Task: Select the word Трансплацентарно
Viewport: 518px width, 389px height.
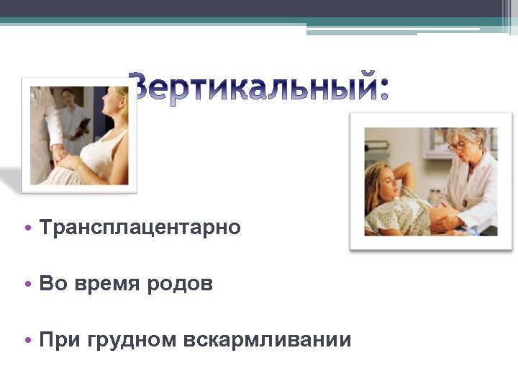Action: coord(140,228)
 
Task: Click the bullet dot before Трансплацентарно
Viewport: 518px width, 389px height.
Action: coord(27,228)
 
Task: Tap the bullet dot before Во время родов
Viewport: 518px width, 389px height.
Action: coord(27,285)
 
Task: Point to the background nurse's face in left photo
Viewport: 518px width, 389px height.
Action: coord(70,97)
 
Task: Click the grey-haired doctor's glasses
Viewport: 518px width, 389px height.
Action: coord(458,146)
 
